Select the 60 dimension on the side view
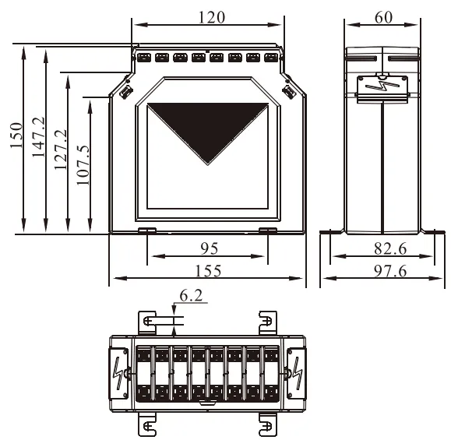pos(383,16)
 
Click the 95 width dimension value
pos(208,248)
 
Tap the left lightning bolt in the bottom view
pos(118,369)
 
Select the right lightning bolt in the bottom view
pos(298,369)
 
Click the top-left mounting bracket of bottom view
pos(148,320)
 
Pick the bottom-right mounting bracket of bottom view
pos(267,423)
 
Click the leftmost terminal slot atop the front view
pos(144,57)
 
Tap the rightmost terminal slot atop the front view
pos(271,57)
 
